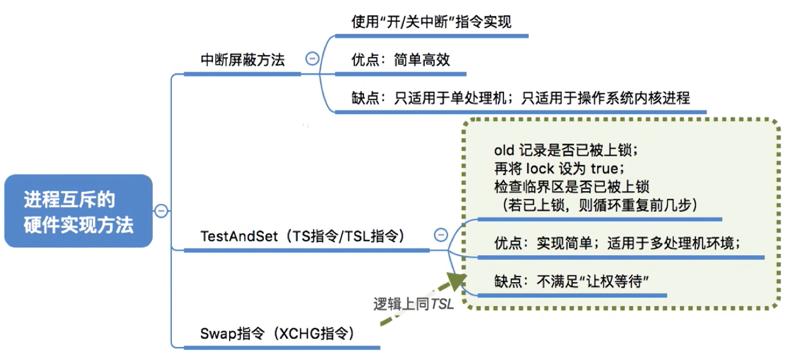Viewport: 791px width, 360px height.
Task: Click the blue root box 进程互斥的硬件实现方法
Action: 78,211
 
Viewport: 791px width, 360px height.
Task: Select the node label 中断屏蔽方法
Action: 243,60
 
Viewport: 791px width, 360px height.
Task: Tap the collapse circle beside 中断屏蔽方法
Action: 312,59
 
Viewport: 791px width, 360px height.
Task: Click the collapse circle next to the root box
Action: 161,211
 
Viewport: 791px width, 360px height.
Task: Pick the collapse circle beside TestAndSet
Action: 440,235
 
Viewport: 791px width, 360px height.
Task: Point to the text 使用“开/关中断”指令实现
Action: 431,22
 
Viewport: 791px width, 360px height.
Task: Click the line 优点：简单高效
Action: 400,60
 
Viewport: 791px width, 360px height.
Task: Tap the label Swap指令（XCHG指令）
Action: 277,333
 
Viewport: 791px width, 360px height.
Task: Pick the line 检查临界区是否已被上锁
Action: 571,187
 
